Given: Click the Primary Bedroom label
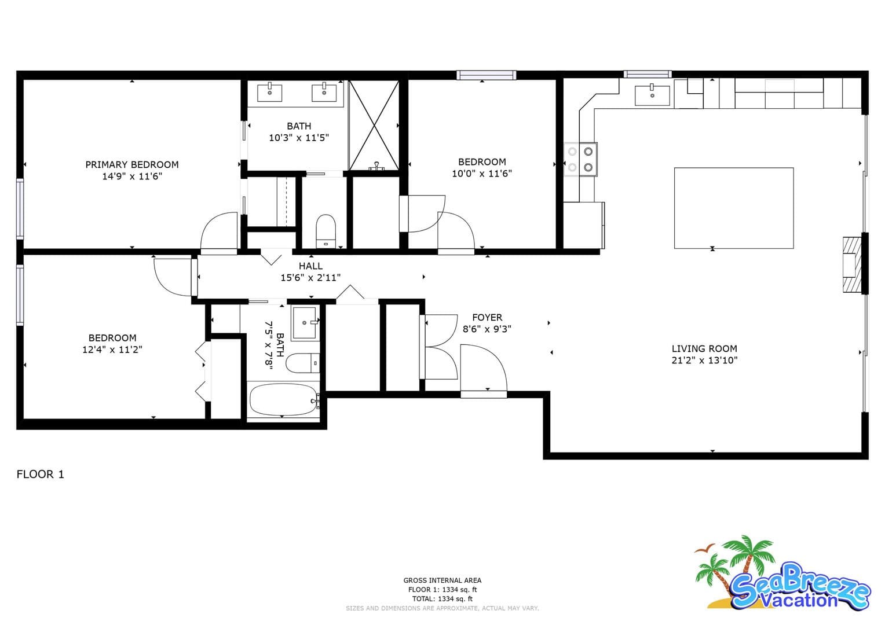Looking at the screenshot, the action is (132, 164).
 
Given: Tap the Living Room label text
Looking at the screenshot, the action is (704, 348).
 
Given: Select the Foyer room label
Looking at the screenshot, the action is (487, 318).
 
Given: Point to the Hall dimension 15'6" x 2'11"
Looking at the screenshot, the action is (310, 278).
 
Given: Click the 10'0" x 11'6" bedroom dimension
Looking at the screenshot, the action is (482, 174).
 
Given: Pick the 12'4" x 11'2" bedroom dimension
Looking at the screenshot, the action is (112, 350).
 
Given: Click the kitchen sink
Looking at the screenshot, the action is (652, 95).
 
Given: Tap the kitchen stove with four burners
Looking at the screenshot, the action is (580, 159).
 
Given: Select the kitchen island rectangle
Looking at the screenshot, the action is (734, 208).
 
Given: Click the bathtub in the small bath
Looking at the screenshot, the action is (283, 399).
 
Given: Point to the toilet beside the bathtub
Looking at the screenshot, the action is (302, 363).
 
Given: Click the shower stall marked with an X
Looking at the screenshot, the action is (374, 125).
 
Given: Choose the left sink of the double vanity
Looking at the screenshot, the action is (269, 93).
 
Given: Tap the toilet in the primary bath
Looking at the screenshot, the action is (326, 231).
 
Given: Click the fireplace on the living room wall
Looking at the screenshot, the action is (853, 264).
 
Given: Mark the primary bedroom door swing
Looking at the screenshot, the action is (218, 233).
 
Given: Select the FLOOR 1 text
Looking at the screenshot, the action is (41, 474).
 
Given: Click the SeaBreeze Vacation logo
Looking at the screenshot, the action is (782, 575).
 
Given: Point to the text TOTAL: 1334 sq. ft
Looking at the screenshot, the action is (442, 598).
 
